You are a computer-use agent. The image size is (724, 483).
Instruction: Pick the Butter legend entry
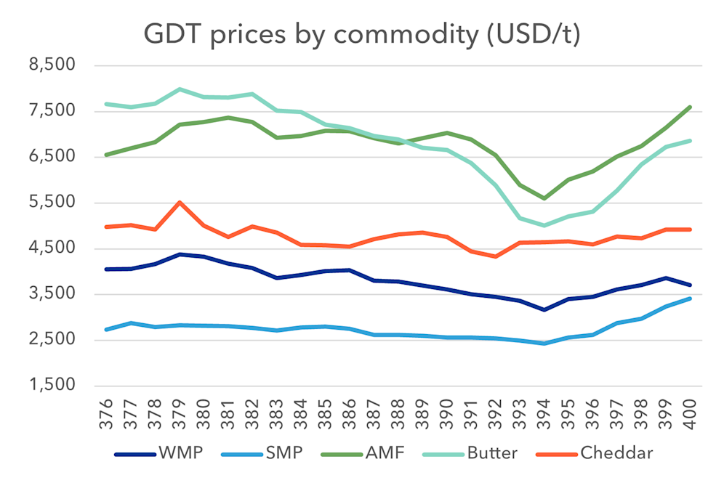coord(492,454)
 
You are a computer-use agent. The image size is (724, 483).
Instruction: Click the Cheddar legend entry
coord(616,454)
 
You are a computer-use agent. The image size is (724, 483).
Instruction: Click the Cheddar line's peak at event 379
coord(180,202)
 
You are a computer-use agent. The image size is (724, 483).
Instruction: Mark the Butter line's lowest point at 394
coord(544,225)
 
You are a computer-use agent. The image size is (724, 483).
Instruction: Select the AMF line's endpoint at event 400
coord(689,107)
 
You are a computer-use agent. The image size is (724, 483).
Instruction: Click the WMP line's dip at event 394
coord(544,310)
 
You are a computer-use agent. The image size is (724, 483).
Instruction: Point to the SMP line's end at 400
coord(689,299)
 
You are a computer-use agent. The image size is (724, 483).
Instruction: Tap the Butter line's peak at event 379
coord(180,89)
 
